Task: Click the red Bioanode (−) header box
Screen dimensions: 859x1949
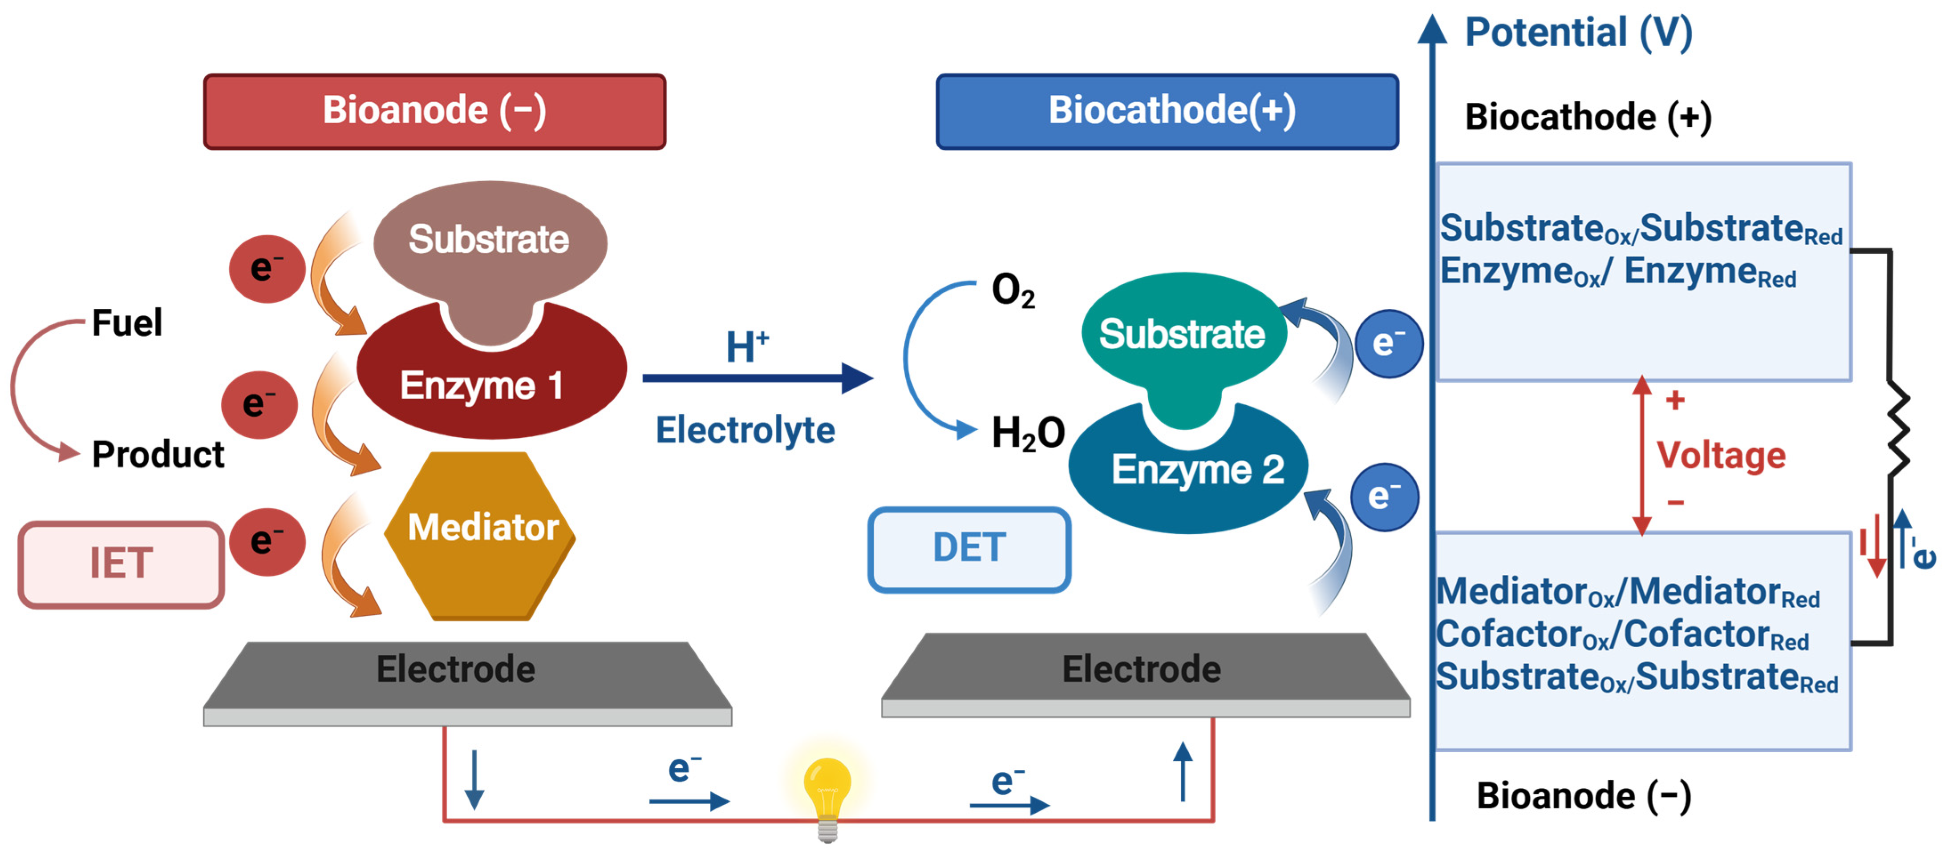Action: tap(434, 111)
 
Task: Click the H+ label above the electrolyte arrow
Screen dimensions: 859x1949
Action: tap(747, 348)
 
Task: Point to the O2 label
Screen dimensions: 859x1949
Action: tap(1012, 291)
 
